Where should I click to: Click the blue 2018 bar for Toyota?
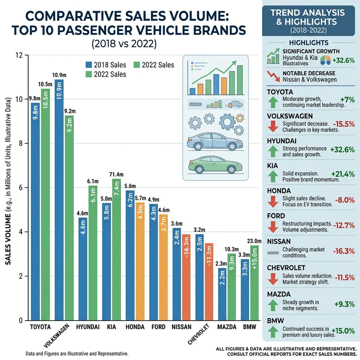(35, 211)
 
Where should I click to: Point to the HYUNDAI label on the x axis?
(88, 327)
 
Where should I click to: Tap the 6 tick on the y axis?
(20, 188)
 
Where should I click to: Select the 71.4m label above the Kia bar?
(116, 174)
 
